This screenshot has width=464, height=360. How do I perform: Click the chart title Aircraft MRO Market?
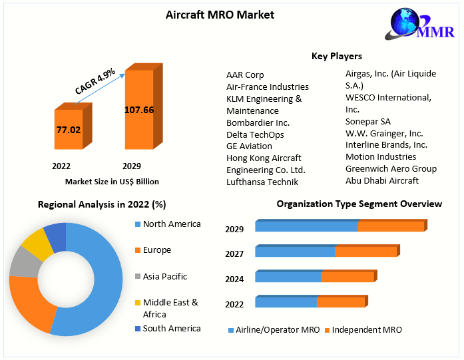coord(220,15)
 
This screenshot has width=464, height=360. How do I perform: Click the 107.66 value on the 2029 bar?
coord(139,110)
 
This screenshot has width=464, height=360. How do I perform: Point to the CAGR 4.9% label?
coord(95,80)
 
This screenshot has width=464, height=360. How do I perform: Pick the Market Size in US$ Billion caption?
coord(112,182)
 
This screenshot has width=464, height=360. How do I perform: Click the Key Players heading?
coord(337,56)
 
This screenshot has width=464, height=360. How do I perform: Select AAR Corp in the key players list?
coord(245,75)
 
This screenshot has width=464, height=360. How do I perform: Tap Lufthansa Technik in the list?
coord(262,182)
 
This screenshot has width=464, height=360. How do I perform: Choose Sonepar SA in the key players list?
coord(368,122)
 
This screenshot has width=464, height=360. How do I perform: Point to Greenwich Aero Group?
coord(391,168)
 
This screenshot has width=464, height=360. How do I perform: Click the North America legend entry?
coord(172,224)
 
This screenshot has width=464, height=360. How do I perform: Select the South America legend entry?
coord(172,328)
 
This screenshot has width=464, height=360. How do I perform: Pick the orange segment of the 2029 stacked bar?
coord(391,227)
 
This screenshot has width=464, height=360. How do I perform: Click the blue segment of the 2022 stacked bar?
coord(286,303)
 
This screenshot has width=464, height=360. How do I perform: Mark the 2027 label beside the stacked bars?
coord(234,254)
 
